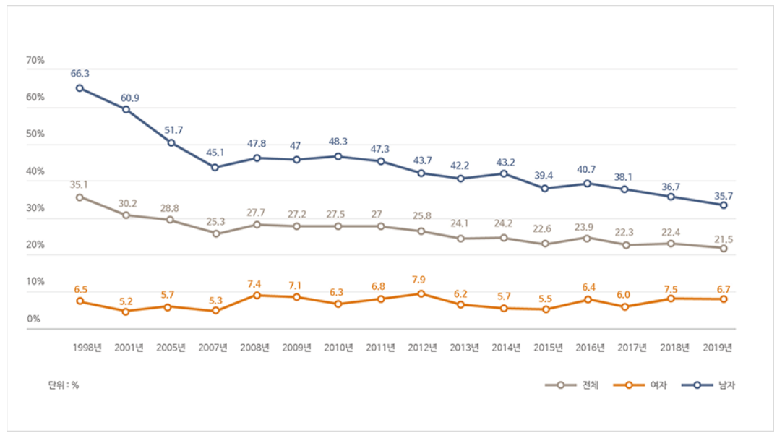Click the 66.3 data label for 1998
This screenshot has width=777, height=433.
80,74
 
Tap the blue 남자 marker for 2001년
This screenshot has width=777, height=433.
126,110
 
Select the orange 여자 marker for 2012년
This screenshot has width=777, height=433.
421,293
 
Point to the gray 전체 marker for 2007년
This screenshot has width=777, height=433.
216,233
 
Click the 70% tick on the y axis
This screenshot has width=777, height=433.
35,61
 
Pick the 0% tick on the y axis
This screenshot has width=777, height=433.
33,319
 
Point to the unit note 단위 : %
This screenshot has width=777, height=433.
64,385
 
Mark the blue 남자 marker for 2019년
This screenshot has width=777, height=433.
722,205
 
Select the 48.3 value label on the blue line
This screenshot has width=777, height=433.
338,142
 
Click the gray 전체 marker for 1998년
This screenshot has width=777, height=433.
80,197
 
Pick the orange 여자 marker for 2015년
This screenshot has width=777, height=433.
546,309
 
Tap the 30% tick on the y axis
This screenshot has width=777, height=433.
35,208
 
